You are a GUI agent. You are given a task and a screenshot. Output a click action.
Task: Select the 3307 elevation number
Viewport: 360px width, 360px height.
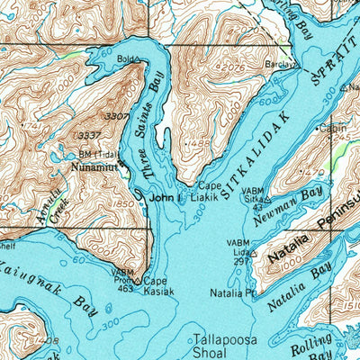point(115,117)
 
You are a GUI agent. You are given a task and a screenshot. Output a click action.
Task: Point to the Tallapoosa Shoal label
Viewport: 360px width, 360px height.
point(224,346)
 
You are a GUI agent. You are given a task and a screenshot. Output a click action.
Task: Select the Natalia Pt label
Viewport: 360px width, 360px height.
point(233,293)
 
